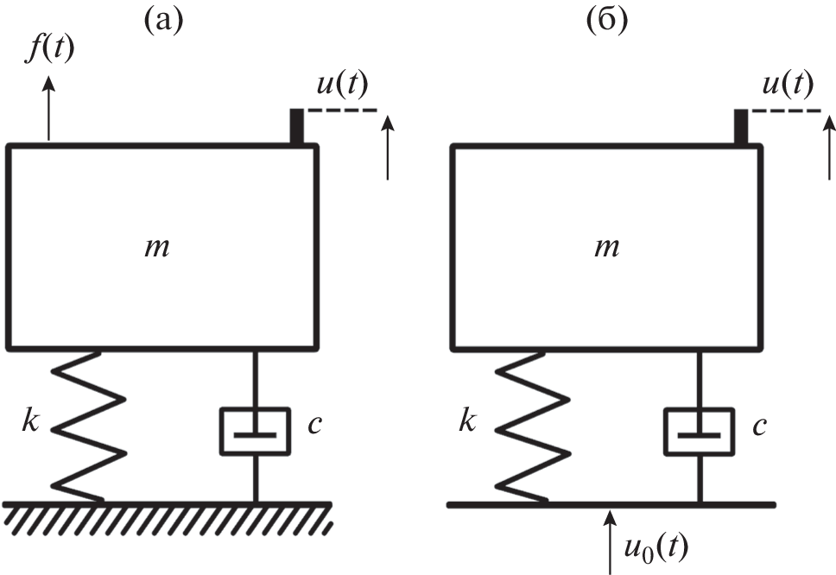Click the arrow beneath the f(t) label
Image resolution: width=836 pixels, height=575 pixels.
point(49,107)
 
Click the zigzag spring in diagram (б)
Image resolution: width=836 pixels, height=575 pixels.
point(534,424)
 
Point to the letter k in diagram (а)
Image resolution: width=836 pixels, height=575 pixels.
point(32,424)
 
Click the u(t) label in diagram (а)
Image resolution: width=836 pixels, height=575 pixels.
point(342,85)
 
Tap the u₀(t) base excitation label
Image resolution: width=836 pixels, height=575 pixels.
point(658,547)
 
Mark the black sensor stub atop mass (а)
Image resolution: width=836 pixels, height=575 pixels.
point(296,126)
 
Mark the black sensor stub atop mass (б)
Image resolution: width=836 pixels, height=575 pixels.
point(740,126)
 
